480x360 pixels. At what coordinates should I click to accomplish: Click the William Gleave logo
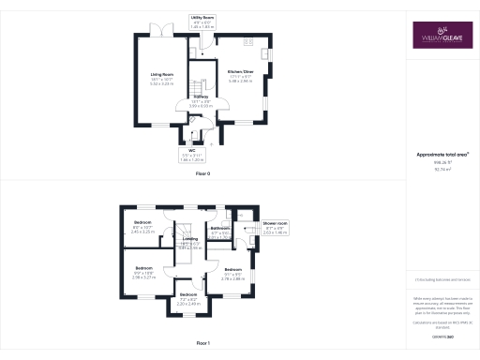[x=437, y=38]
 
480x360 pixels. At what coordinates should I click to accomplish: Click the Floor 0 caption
[x=202, y=174]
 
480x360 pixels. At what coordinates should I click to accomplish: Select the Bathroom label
[x=221, y=228]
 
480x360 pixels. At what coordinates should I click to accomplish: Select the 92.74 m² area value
[x=437, y=171]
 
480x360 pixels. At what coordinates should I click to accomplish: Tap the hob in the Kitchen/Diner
[x=250, y=42]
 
